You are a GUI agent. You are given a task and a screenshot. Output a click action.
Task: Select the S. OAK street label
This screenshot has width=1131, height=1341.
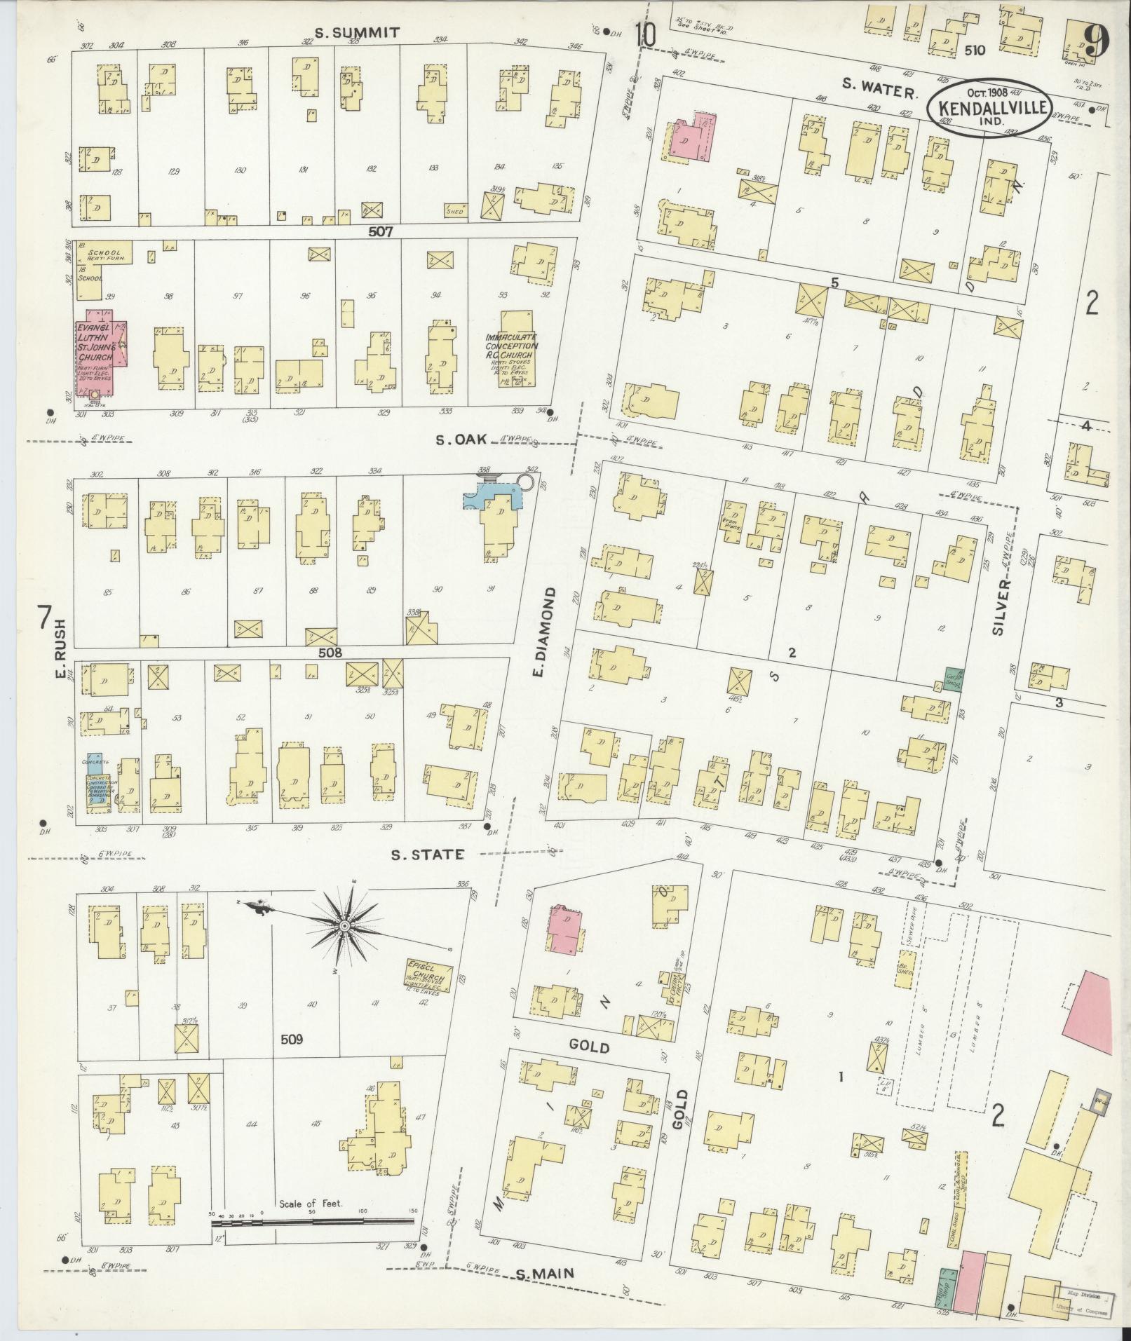pos(461,441)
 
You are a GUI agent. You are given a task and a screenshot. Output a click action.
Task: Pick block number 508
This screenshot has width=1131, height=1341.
pos(330,653)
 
